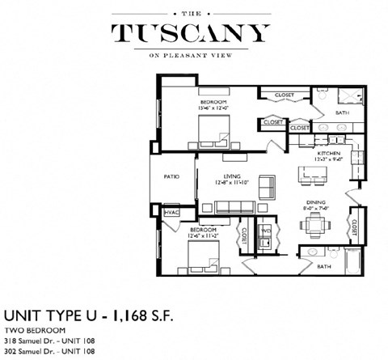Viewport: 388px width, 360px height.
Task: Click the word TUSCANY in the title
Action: click(x=191, y=33)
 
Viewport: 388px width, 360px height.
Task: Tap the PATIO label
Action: click(x=171, y=176)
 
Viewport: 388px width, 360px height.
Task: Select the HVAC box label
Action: click(x=171, y=212)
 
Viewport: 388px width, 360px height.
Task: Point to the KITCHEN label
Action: click(x=327, y=153)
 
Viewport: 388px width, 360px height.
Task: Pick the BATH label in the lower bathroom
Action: click(x=323, y=266)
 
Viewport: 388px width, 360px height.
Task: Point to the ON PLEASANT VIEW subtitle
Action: click(x=192, y=56)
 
